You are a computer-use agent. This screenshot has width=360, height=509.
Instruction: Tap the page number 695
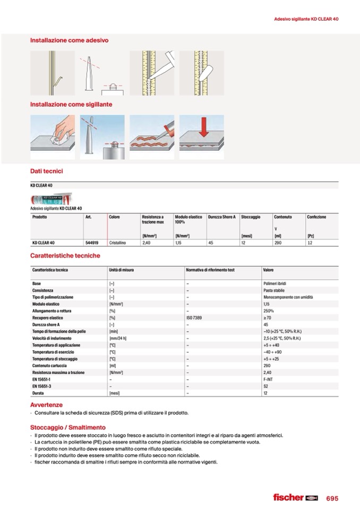coord(332,498)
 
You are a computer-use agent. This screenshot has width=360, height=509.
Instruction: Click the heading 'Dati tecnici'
coord(47,171)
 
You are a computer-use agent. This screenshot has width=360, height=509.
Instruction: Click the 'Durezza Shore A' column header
coord(221,217)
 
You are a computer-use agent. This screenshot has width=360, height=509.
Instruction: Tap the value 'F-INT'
coord(268,379)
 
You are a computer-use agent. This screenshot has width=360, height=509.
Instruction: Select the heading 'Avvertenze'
coord(46,405)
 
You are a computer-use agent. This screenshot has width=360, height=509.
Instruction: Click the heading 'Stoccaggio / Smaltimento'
coord(67,427)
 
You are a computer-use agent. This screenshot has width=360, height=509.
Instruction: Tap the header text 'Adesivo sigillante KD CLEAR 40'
coord(306,19)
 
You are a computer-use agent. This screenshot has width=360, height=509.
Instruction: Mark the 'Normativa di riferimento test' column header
coord(210,270)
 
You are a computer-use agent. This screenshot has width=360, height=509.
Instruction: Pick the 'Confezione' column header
coord(316,217)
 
